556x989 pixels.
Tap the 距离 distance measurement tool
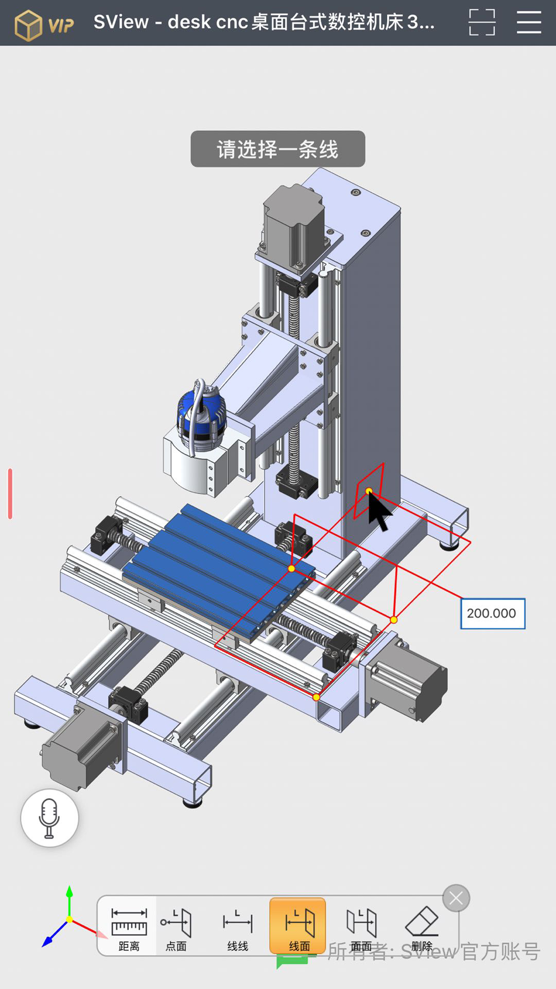(x=128, y=925)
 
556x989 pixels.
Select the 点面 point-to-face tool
(x=176, y=925)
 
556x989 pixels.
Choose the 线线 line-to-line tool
(x=237, y=925)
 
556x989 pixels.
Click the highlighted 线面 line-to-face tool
(x=298, y=925)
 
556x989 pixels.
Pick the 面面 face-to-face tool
(x=361, y=925)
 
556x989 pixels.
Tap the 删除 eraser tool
(x=422, y=925)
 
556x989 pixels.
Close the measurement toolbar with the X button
(x=456, y=898)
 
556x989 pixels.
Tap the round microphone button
(x=49, y=818)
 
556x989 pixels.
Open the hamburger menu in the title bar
(x=529, y=22)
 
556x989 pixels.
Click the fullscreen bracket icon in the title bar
(x=482, y=22)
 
